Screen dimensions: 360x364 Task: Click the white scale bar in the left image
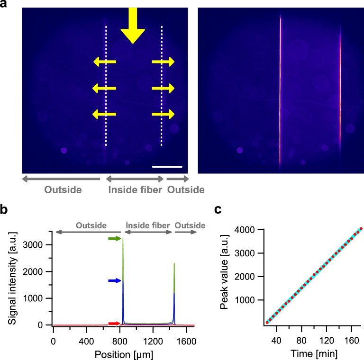click(x=167, y=166)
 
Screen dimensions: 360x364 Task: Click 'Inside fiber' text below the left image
click(x=135, y=190)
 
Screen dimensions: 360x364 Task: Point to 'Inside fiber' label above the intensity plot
click(x=147, y=225)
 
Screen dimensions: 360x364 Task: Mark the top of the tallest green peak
click(x=123, y=239)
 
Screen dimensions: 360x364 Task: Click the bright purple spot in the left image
click(x=64, y=150)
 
